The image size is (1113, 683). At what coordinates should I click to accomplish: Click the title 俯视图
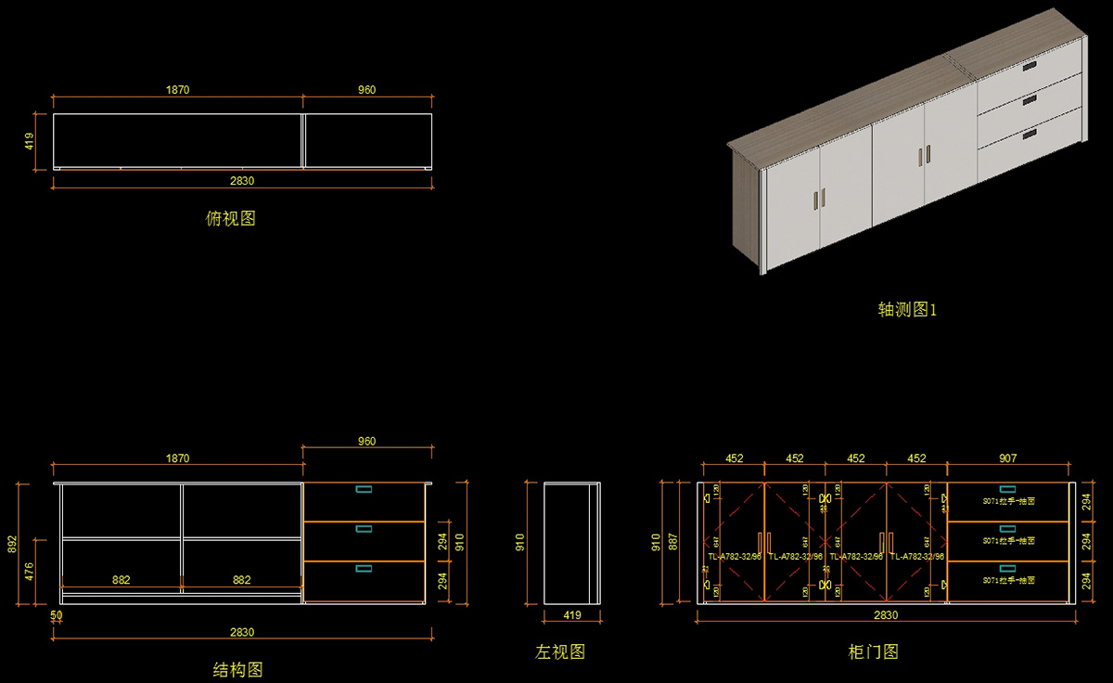(230, 219)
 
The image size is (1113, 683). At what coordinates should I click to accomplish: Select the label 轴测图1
(907, 310)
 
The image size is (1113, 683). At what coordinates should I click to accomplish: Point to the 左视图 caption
(560, 652)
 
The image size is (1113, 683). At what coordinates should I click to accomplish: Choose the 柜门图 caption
(874, 652)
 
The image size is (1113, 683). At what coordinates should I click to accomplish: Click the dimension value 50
(57, 615)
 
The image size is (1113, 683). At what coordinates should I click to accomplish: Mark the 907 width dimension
(1007, 458)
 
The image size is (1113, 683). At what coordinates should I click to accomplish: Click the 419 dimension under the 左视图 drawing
(572, 615)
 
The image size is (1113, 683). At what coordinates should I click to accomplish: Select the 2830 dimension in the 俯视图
(242, 181)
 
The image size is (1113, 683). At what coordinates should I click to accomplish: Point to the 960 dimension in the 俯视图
(366, 90)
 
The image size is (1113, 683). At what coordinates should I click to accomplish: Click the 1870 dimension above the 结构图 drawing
(177, 458)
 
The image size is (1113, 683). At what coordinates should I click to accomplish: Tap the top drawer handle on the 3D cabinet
(1030, 67)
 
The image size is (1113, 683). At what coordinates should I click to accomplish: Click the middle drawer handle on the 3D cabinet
(1030, 102)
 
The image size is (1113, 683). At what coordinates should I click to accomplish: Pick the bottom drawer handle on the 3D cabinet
(1030, 136)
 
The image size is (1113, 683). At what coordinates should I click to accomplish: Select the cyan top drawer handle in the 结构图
(364, 489)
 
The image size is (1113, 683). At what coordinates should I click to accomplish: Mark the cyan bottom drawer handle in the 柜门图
(1007, 568)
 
